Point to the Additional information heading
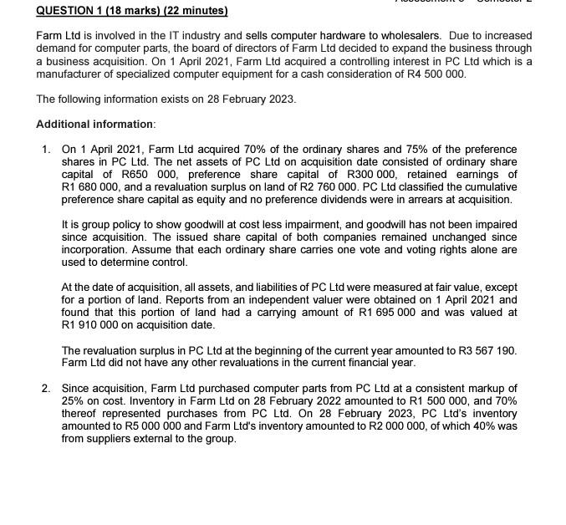[x=95, y=124]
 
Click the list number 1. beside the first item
[x=47, y=149]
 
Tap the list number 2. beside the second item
[x=47, y=388]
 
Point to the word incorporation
[x=96, y=249]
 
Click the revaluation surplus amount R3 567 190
[x=482, y=349]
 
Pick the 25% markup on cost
[x=73, y=400]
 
